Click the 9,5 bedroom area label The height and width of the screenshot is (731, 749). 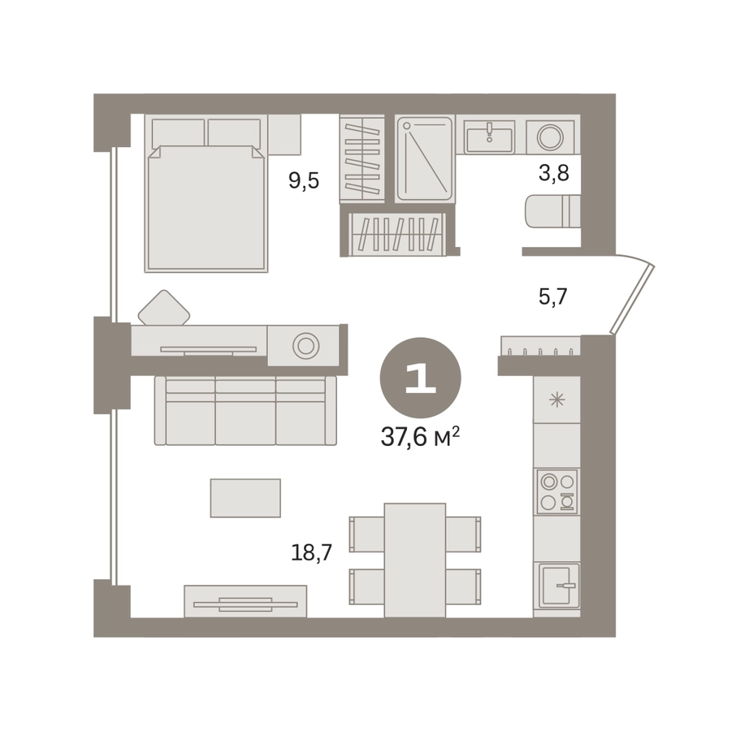pyautogui.click(x=303, y=181)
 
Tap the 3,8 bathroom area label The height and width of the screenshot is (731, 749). pyautogui.click(x=554, y=173)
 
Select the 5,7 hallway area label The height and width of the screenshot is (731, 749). pyautogui.click(x=552, y=296)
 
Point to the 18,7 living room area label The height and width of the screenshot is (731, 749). pyautogui.click(x=311, y=552)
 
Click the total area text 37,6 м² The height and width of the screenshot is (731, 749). pyautogui.click(x=420, y=436)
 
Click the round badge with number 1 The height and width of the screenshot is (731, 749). pyautogui.click(x=420, y=378)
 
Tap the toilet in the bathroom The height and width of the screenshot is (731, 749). pyautogui.click(x=552, y=211)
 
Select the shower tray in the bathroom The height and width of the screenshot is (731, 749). pyautogui.click(x=424, y=158)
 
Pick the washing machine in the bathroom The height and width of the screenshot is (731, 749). pyautogui.click(x=550, y=137)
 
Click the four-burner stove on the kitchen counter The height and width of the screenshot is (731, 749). pyautogui.click(x=557, y=491)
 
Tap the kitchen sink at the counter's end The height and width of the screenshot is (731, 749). pyautogui.click(x=559, y=586)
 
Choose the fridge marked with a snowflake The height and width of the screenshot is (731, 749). pyautogui.click(x=557, y=400)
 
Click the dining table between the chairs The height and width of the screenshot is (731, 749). pyautogui.click(x=414, y=560)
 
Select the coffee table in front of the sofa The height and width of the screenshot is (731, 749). pyautogui.click(x=245, y=498)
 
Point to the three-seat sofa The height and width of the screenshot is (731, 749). pyautogui.click(x=245, y=411)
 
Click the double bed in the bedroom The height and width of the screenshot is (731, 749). pyautogui.click(x=206, y=193)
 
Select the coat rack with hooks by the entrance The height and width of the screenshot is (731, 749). pyautogui.click(x=541, y=346)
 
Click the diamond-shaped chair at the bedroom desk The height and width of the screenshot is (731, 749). pyautogui.click(x=164, y=308)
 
